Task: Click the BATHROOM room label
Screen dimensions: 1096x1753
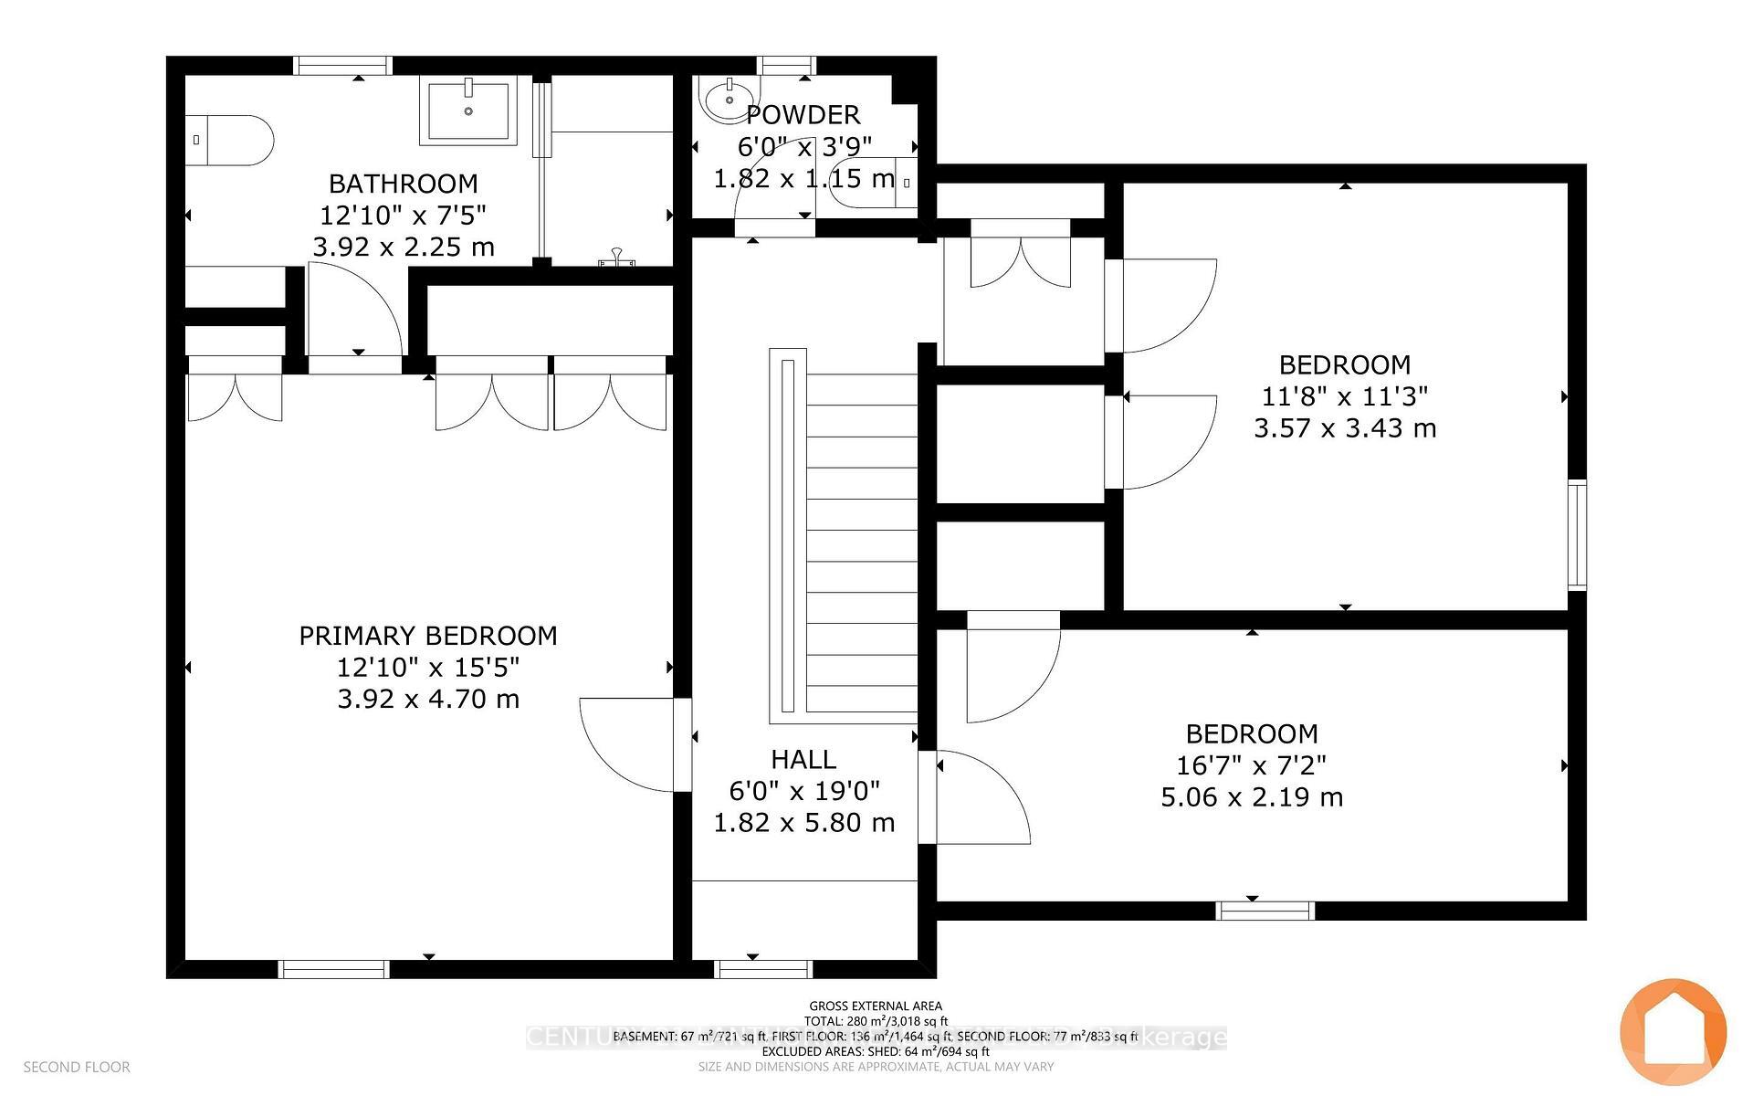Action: [x=403, y=184]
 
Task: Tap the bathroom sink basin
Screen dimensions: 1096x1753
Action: [x=467, y=110]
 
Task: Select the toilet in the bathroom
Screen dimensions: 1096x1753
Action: [x=228, y=140]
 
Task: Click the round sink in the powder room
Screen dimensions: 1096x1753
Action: [x=728, y=99]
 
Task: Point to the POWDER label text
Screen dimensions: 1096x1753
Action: [x=803, y=115]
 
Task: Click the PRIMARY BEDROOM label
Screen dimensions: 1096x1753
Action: [x=428, y=636]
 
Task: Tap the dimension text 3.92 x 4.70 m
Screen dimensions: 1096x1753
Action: [x=428, y=700]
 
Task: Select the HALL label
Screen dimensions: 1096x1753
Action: [x=803, y=760]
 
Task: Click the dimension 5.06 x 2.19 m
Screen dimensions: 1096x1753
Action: [x=1252, y=797]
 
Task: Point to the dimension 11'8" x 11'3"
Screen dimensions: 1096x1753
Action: [x=1345, y=396]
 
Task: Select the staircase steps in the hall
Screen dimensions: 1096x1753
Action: [x=861, y=543]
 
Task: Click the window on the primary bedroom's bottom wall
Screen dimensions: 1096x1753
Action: [x=334, y=969]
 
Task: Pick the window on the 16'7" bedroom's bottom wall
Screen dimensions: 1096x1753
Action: [x=1265, y=911]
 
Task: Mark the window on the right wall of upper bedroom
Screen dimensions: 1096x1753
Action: [x=1577, y=534]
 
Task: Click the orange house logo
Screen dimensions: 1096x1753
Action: [x=1673, y=1031]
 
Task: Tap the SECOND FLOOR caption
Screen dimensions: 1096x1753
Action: [x=77, y=1067]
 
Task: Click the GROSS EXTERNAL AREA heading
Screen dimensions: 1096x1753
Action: [x=876, y=1006]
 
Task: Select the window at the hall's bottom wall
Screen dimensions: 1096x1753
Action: [x=764, y=969]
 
